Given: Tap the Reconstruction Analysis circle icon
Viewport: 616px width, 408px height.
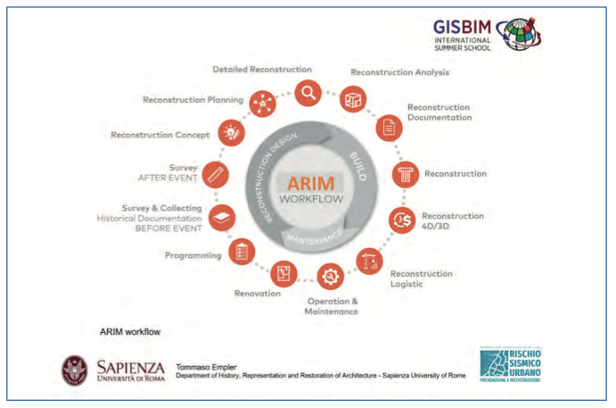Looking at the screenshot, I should [354, 98].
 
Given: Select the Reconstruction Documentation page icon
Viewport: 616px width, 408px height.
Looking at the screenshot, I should [389, 127].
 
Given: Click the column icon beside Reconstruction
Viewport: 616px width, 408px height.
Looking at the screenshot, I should [407, 173].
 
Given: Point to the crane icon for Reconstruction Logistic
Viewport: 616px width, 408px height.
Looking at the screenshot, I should [369, 260].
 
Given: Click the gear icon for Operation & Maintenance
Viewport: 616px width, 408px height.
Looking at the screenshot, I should [331, 275].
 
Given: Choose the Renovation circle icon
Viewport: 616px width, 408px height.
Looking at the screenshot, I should [283, 271].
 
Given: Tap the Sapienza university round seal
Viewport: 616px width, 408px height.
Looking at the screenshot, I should [74, 370].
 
